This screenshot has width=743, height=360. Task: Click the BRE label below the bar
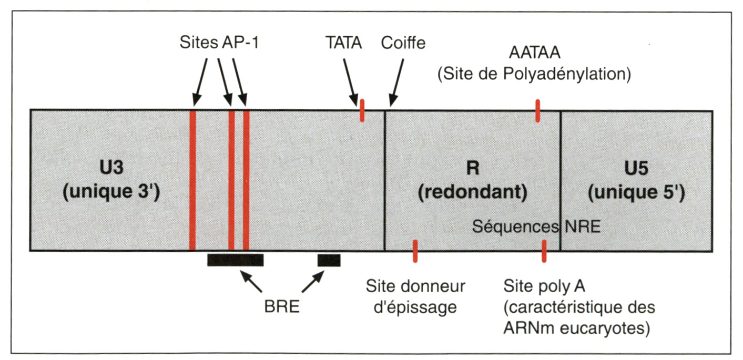pyautogui.click(x=282, y=306)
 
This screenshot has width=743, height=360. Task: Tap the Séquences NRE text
pyautogui.click(x=536, y=227)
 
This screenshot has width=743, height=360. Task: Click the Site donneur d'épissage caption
pyautogui.click(x=415, y=296)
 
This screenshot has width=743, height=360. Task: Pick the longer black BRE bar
pyautogui.click(x=235, y=260)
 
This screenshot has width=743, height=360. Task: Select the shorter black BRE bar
pyautogui.click(x=329, y=260)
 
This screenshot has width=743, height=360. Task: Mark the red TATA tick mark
pyautogui.click(x=362, y=111)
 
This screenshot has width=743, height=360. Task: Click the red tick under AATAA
pyautogui.click(x=537, y=110)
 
